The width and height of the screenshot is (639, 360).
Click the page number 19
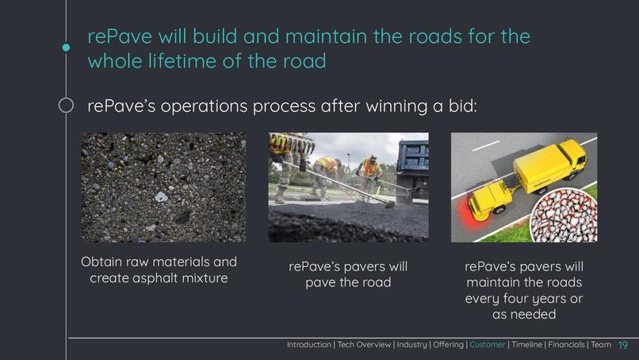[622, 345]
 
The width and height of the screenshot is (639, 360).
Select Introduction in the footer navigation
[309, 345]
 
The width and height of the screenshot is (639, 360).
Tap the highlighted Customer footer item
[487, 345]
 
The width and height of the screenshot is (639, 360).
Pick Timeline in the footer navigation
[527, 345]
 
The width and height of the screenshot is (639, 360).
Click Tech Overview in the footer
[364, 345]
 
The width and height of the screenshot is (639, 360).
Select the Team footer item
[601, 345]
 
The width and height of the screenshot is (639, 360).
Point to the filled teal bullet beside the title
[66, 48]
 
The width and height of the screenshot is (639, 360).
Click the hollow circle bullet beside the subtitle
[66, 105]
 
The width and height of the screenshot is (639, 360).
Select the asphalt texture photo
[163, 187]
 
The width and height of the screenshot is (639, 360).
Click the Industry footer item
[411, 345]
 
